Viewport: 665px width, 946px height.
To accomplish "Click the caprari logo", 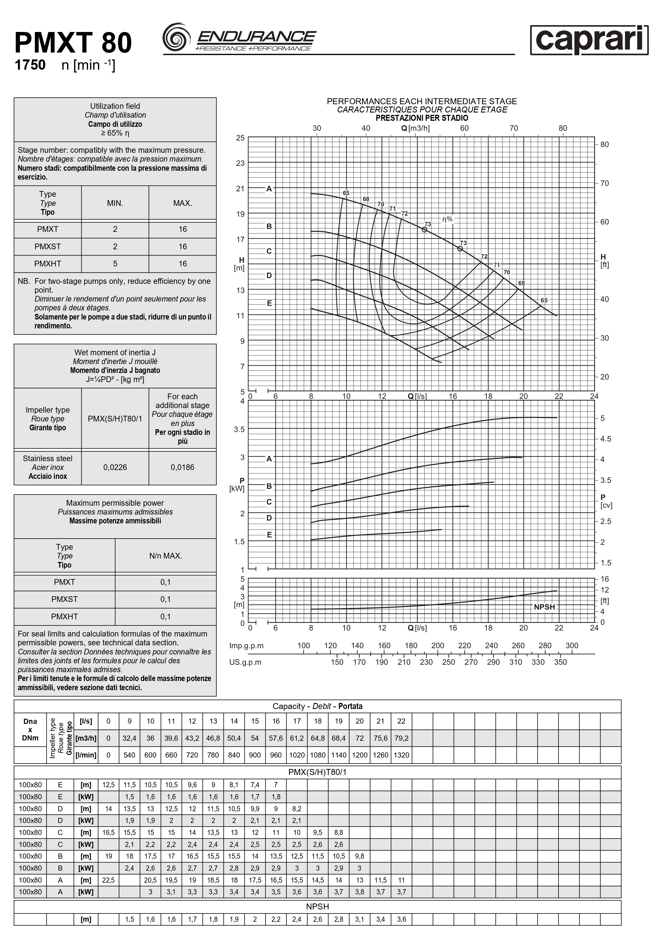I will coord(589,40).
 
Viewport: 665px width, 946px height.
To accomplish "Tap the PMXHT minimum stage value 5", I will coord(115,264).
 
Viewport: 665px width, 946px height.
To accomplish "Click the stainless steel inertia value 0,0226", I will coord(115,467).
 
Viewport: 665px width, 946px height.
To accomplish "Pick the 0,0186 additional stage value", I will coord(182,467).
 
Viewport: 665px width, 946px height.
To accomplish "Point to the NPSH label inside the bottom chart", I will coord(544,607).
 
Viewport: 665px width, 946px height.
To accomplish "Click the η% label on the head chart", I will coord(447,219).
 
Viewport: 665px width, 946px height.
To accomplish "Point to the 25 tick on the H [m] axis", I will coord(240,138).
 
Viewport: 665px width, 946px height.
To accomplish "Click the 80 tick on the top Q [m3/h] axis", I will coord(563,128).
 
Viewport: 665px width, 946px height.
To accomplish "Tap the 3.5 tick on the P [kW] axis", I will coord(239,429).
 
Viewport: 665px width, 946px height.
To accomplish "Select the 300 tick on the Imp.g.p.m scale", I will coord(571,646).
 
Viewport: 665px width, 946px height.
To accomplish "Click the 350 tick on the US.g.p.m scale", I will coord(560,662).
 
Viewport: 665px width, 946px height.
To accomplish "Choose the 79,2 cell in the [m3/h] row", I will coord(401,738).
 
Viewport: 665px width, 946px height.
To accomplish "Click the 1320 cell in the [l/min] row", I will coord(401,755).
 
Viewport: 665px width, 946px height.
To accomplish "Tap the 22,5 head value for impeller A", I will coord(109,880).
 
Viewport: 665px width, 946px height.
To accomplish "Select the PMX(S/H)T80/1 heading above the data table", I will coord(317,772).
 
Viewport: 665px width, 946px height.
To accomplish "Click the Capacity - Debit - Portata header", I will coord(317,706).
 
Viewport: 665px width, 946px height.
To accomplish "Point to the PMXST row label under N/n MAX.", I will coord(64,599).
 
